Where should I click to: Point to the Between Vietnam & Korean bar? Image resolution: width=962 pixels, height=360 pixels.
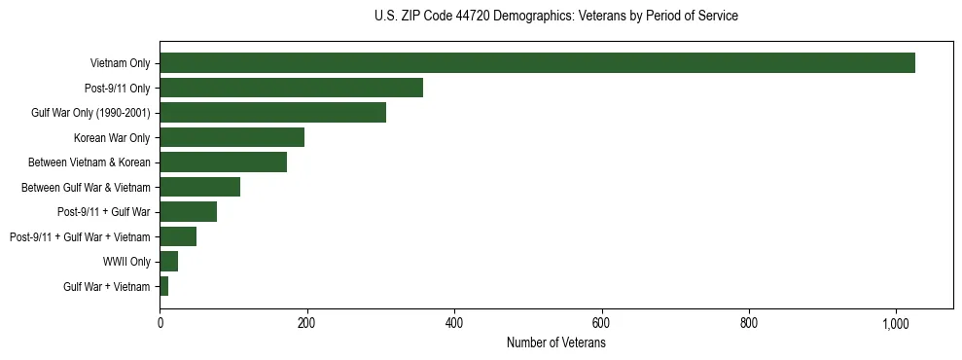point(223,162)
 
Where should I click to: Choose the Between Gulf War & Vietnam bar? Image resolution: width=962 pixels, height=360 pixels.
point(199,187)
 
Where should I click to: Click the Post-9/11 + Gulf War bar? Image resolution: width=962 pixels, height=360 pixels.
point(188,211)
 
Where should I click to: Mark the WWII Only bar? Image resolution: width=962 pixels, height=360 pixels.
point(168,261)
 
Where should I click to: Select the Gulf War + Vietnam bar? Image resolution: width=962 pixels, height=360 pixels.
point(163,286)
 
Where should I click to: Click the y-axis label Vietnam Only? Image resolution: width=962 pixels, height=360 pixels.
point(120,63)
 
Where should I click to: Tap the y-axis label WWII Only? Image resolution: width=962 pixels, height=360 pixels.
point(126,261)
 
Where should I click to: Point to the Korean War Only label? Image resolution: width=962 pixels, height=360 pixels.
point(112,137)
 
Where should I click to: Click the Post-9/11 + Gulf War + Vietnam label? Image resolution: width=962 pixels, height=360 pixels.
point(80,236)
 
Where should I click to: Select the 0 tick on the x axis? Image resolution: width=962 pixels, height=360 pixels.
point(160,324)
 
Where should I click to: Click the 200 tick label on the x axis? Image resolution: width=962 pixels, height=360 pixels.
point(306,324)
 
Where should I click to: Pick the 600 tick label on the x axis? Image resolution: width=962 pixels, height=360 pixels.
point(601,324)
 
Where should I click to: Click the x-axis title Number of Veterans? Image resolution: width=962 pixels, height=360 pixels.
point(555,343)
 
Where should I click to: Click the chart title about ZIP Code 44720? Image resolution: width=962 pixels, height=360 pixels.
point(555,16)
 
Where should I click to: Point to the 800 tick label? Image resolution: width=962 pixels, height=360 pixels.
point(749,324)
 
